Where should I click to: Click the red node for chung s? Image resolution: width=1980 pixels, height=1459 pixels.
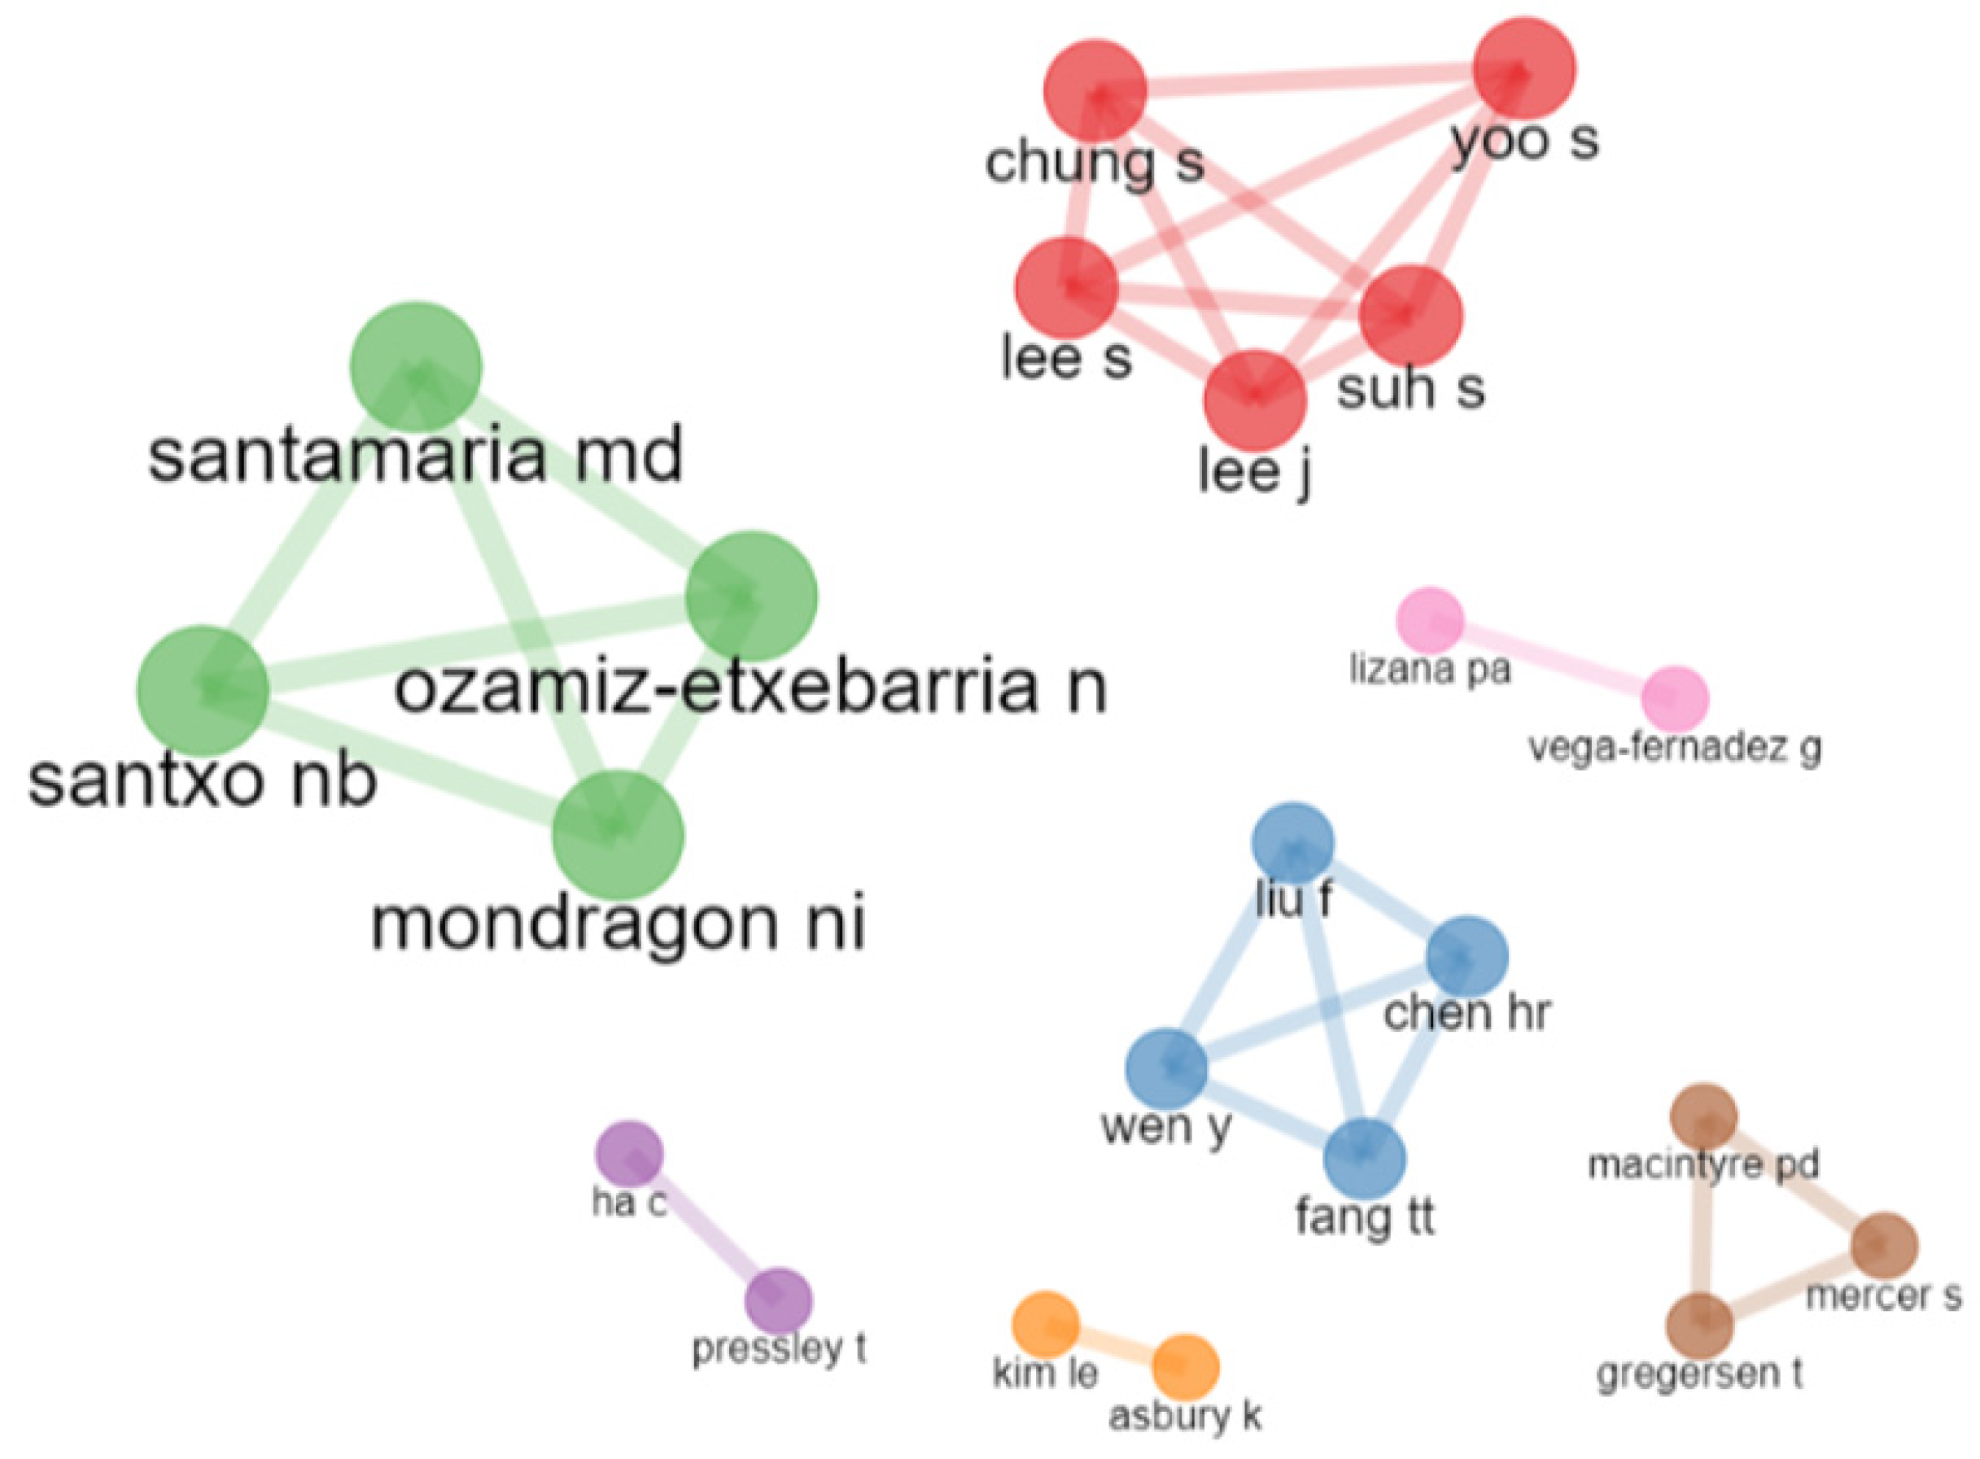coord(1095,90)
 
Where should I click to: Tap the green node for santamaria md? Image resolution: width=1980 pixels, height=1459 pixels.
coord(416,368)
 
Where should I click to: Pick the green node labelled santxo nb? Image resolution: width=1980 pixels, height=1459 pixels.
coord(203,692)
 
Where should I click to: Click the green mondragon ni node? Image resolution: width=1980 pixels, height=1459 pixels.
coord(618,836)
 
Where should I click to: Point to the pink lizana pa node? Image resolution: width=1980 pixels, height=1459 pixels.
coord(1430,620)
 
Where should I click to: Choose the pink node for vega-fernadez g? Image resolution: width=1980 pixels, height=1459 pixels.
coord(1675,700)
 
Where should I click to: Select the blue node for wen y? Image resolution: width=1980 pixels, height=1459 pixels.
coord(1165,1068)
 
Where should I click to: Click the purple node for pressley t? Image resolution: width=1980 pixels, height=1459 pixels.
coord(778,1301)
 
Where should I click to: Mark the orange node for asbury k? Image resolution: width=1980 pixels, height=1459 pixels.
coord(1186,1367)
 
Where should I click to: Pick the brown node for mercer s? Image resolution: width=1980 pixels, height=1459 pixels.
coord(1885,1245)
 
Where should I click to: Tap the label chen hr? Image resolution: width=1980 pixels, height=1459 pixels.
coord(1466,1013)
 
